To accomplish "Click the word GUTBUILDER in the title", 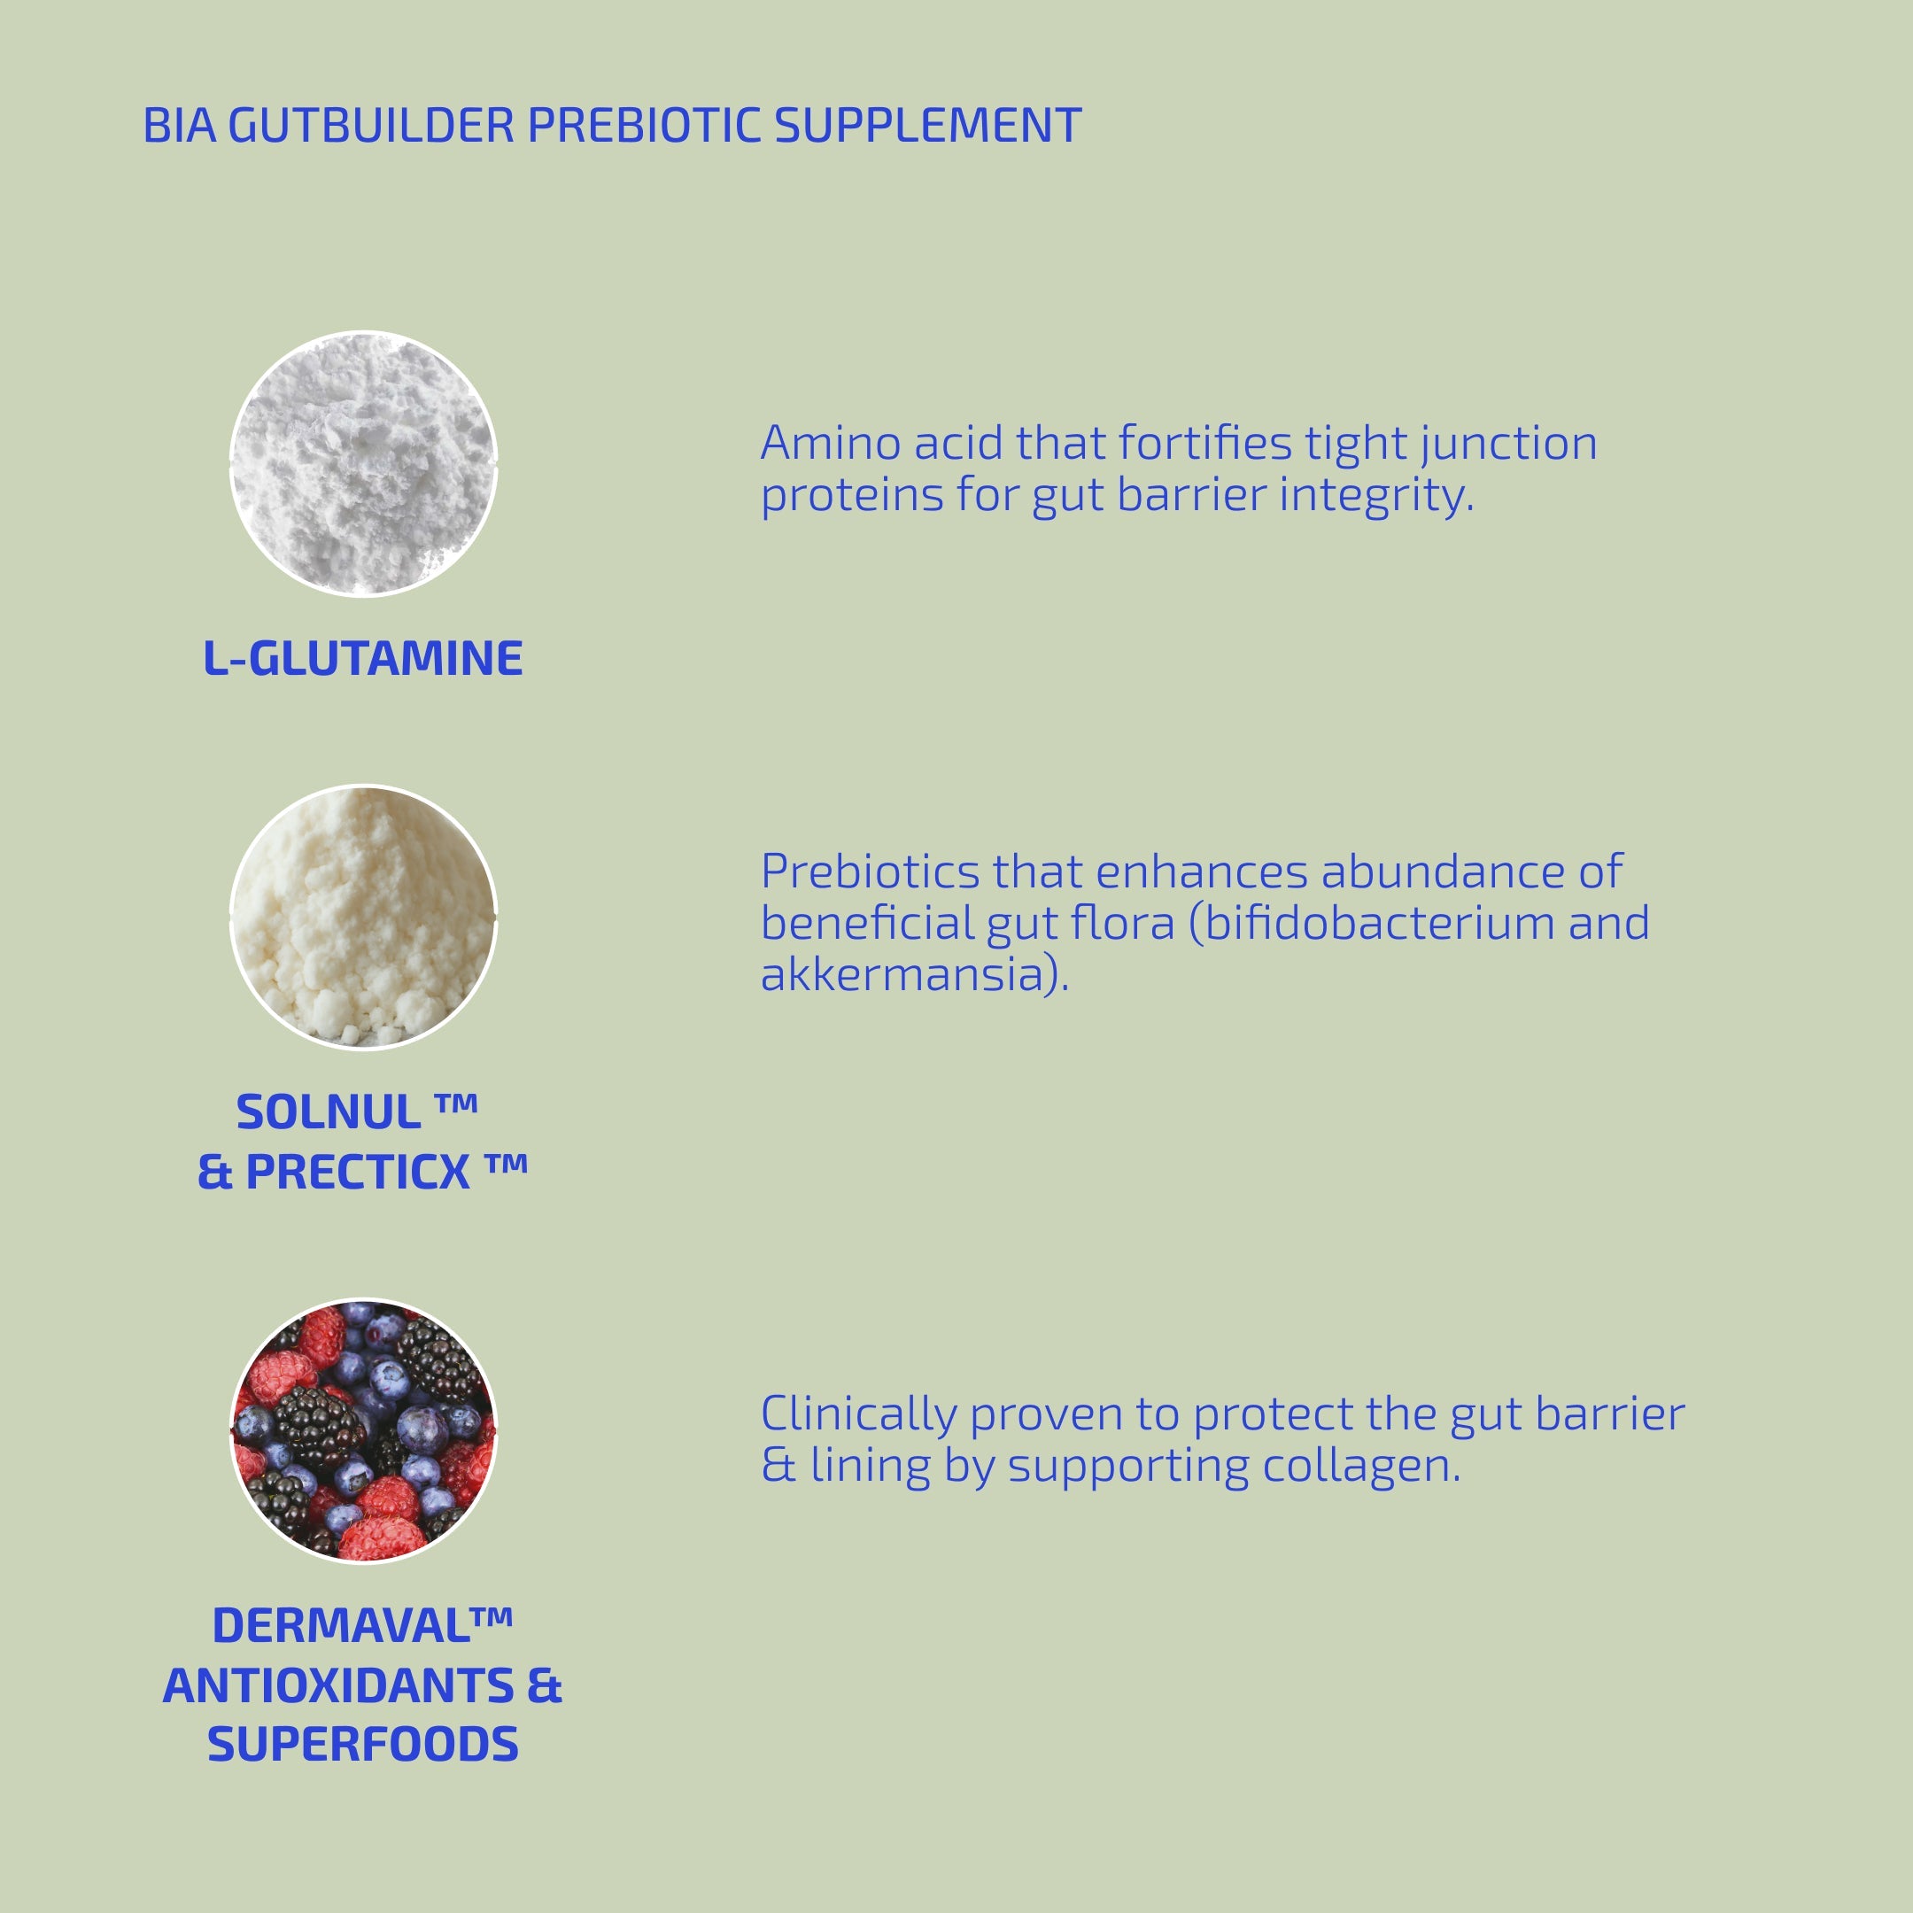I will (371, 127).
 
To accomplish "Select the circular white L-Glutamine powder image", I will (363, 463).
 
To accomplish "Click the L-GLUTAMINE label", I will (362, 658).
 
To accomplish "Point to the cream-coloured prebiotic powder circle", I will (363, 917).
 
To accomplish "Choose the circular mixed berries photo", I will (363, 1431).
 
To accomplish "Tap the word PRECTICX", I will (358, 1173).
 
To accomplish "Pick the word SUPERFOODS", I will (362, 1745).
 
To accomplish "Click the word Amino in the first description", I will (830, 443).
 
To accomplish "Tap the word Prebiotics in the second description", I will (871, 871).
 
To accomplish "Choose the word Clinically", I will (857, 1414).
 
